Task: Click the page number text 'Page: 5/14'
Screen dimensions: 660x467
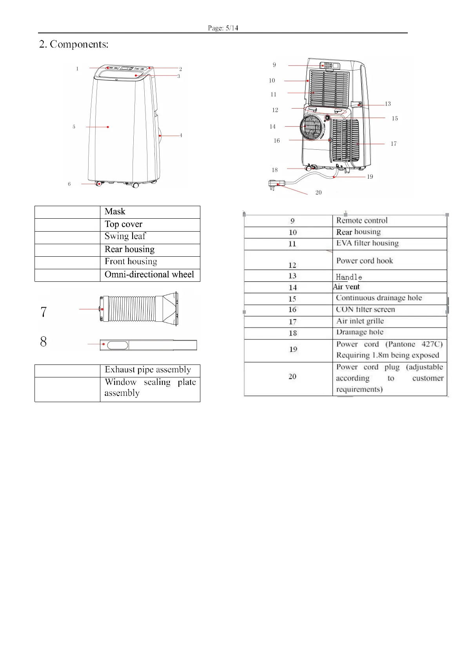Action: coord(223,28)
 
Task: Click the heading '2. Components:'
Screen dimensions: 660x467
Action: coord(74,44)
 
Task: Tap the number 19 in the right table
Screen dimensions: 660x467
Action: coord(293,349)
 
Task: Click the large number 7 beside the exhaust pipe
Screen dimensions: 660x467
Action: coord(44,312)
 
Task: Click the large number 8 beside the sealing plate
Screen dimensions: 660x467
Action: coord(43,342)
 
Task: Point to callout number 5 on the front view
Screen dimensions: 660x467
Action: coord(74,127)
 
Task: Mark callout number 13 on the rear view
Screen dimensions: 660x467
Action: coord(388,104)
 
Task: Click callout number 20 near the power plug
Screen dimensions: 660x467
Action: coord(318,192)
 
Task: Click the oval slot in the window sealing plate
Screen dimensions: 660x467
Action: coord(118,345)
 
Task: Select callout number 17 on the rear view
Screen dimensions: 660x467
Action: coord(394,144)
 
